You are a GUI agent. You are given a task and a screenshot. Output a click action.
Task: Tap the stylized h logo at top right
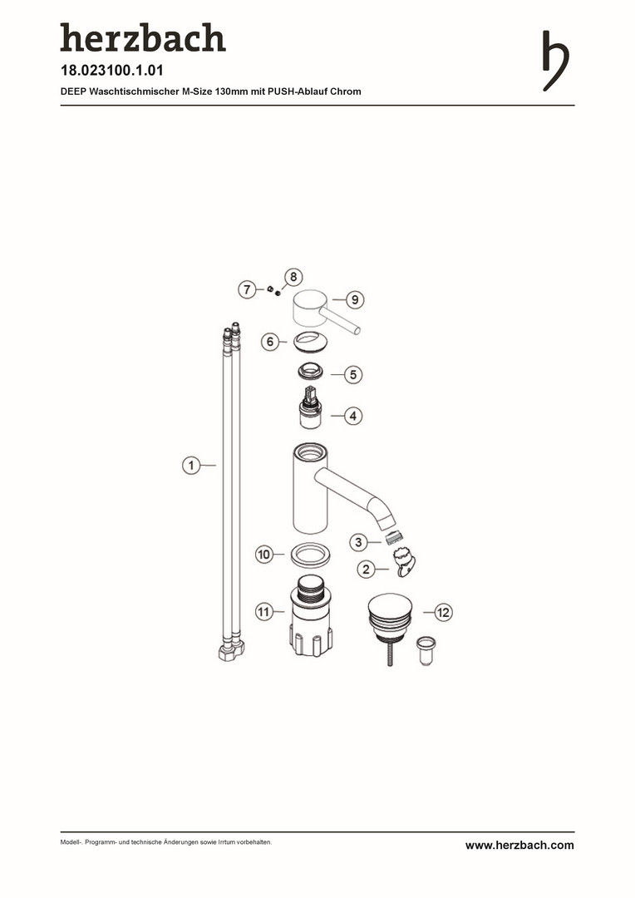pos(555,61)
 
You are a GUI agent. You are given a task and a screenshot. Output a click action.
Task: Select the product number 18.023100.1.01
pos(112,71)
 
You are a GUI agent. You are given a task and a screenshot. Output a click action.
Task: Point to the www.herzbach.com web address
pos(519,846)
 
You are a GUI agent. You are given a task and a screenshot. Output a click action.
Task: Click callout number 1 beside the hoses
pos(191,465)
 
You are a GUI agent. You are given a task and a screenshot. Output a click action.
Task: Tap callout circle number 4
pos(353,416)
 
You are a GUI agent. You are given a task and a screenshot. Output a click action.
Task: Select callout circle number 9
pos(355,299)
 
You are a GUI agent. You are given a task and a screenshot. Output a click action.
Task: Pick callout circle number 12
pos(444,612)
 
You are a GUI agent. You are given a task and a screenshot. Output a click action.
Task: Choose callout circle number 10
pos(264,555)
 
